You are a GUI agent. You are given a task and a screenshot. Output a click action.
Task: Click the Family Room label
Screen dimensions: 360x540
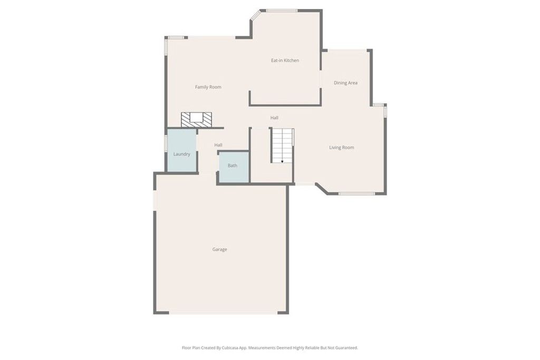[208, 87]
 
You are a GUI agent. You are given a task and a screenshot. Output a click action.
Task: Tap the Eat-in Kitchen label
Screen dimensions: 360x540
[285, 61]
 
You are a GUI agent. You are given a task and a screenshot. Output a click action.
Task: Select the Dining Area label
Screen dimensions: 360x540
[345, 83]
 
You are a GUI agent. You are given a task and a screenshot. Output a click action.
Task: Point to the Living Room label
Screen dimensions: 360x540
[341, 148]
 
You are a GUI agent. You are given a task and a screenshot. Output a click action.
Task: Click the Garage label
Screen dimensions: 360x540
[220, 249]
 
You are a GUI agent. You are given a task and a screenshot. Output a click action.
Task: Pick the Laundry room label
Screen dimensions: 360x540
[181, 154]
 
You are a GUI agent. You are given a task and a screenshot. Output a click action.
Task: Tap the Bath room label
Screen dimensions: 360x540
[233, 166]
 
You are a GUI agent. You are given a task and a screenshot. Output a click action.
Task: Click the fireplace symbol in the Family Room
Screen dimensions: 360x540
[196, 119]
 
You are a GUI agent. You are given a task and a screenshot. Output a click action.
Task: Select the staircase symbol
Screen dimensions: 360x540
[282, 145]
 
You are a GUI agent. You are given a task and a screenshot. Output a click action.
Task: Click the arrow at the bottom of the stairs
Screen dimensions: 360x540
[282, 161]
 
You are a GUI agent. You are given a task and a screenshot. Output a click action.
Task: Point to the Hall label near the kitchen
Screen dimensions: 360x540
[274, 118]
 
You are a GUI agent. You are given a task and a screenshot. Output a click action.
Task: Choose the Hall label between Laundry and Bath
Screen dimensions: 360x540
[218, 145]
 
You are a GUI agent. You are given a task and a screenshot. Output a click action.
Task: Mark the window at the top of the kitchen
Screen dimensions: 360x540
[282, 11]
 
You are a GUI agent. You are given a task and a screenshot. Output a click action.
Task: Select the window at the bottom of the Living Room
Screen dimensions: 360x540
[356, 193]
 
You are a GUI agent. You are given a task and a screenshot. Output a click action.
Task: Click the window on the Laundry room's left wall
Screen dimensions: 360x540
[166, 143]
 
